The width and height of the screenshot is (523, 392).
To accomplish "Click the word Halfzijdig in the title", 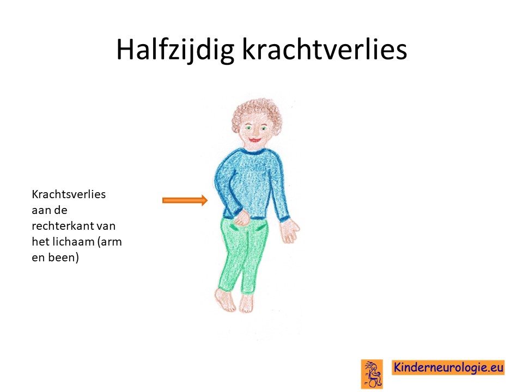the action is [175, 50].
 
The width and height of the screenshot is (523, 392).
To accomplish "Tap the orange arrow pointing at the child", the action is [185, 200].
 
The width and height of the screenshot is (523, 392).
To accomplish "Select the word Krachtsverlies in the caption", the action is [69, 194].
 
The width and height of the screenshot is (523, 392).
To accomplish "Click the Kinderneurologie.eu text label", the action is [448, 367].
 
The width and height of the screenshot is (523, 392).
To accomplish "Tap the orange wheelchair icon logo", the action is [372, 373].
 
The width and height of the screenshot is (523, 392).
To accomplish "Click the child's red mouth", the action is [254, 140].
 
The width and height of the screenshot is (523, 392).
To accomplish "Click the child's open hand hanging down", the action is [289, 230].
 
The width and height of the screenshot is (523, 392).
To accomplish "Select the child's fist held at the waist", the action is [242, 218].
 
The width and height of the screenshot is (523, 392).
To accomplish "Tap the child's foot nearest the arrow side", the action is [226, 299].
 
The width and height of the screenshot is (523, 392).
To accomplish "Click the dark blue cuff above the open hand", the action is [284, 219].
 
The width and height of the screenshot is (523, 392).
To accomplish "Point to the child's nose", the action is [254, 133].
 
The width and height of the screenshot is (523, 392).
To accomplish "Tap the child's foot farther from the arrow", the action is [246, 303].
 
